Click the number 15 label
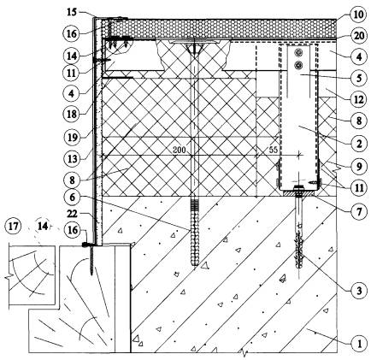coord(73,12)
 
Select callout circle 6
coord(72,197)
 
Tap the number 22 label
coord(72,214)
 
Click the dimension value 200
coord(179,150)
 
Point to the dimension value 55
coord(273,150)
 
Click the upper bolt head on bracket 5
coord(298,52)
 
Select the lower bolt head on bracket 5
coord(298,65)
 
